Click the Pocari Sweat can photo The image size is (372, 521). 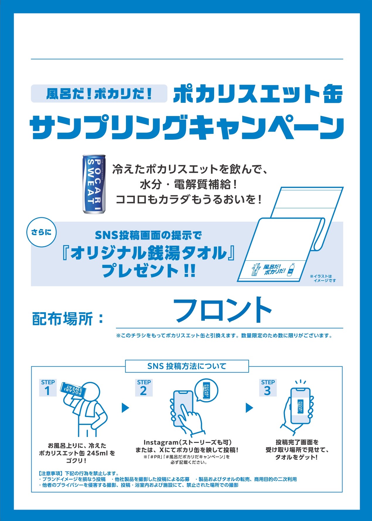click(x=94, y=184)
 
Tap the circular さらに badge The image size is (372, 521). click(x=41, y=233)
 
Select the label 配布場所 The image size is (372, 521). click(x=62, y=319)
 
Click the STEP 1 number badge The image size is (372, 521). click(x=47, y=388)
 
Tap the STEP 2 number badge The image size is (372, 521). click(x=144, y=388)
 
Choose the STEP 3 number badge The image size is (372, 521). click(x=268, y=388)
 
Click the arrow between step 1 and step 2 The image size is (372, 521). click(x=125, y=408)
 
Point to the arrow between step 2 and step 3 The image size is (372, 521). click(x=249, y=408)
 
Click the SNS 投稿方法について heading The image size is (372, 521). click(x=187, y=366)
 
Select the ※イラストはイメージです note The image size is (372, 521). click(x=323, y=278)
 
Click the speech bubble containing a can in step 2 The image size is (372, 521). click(x=207, y=390)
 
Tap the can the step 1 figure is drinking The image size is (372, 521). click(x=73, y=388)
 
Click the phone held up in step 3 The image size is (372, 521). click(x=300, y=406)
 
